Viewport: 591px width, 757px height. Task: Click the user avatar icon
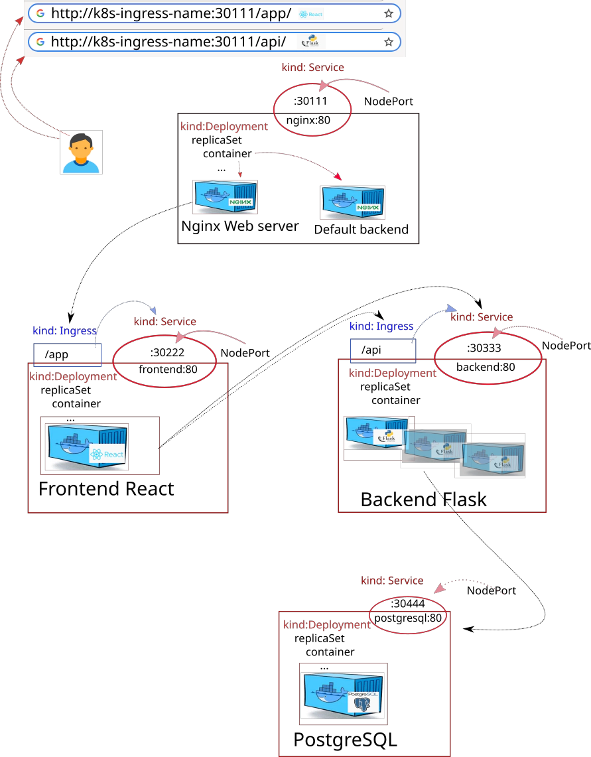(x=81, y=152)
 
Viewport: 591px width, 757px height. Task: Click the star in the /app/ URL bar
(x=389, y=13)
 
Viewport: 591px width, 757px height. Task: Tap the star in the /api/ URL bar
(x=389, y=42)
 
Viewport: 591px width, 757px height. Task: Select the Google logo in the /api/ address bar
(x=40, y=42)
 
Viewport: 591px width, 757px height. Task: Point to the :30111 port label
(x=310, y=101)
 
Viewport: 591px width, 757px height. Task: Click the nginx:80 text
(x=308, y=120)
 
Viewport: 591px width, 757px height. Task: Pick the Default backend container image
(x=352, y=202)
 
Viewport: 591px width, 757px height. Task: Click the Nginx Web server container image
(x=225, y=197)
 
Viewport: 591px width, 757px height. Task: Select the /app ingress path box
(x=67, y=355)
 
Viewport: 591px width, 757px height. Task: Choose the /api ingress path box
(x=383, y=350)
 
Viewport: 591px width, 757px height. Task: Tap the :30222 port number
(x=167, y=352)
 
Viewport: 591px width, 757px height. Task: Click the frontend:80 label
(x=168, y=370)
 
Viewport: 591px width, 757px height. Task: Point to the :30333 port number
(x=484, y=348)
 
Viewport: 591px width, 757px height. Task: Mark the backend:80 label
(x=486, y=367)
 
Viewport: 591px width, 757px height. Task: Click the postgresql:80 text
(x=408, y=618)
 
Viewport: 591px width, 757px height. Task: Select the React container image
(x=87, y=447)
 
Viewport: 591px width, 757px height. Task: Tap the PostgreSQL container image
(x=344, y=694)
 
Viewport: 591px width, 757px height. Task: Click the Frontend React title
(x=106, y=488)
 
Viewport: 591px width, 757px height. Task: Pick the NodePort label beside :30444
(x=492, y=590)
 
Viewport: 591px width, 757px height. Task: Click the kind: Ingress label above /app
(x=65, y=330)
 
